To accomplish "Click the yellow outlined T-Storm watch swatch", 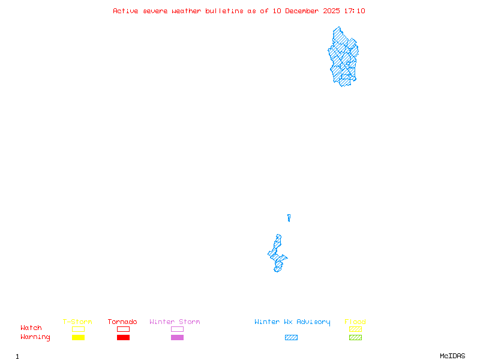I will pyautogui.click(x=78, y=329).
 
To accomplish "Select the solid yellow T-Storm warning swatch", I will pyautogui.click(x=78, y=338).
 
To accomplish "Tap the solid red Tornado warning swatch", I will pyautogui.click(x=123, y=338).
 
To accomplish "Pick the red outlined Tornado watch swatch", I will pyautogui.click(x=123, y=329).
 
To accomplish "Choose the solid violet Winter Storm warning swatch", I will pyautogui.click(x=177, y=338).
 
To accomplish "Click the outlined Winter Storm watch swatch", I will pyautogui.click(x=177, y=329).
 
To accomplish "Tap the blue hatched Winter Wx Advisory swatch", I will pyautogui.click(x=291, y=338).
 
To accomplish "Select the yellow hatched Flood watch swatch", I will pyautogui.click(x=355, y=329).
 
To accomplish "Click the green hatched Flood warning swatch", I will pyautogui.click(x=355, y=338).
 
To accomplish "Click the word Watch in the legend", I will pyautogui.click(x=31, y=328).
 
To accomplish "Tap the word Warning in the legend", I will pyautogui.click(x=35, y=337).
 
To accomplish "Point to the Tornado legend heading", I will pyautogui.click(x=122, y=322).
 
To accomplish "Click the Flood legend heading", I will pyautogui.click(x=355, y=322).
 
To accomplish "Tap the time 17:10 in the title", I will pyautogui.click(x=354, y=11).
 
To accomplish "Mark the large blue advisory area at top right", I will pyautogui.click(x=343, y=57).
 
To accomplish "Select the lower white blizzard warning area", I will pyautogui.click(x=279, y=230).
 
